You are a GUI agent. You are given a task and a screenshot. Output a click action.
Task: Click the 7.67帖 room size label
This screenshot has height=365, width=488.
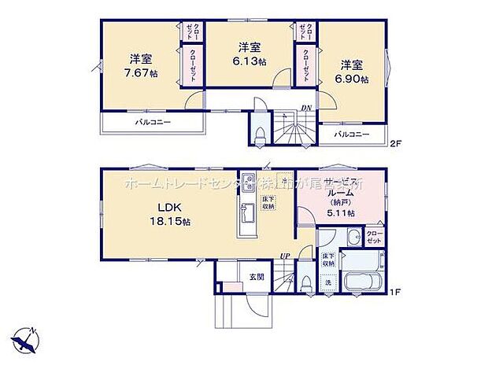coord(141,72)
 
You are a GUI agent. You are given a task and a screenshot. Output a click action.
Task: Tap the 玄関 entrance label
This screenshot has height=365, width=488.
coord(257,277)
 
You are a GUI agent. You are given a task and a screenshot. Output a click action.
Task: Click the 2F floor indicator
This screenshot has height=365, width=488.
coord(396,142)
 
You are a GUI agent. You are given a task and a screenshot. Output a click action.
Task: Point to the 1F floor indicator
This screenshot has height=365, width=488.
coord(396,293)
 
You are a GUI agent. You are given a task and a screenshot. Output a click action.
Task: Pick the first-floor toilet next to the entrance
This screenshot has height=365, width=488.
coord(306,281)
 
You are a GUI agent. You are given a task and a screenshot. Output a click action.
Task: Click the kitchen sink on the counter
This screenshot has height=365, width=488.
coord(247,182)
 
